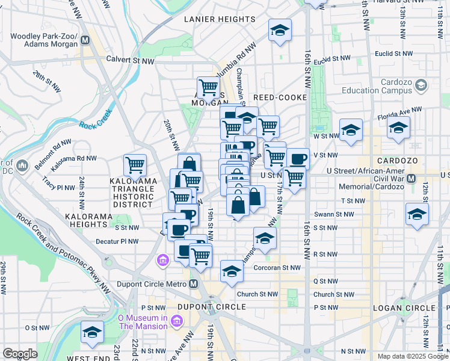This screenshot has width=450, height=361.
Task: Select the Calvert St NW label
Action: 131,59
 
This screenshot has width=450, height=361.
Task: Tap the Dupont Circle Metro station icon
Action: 194,284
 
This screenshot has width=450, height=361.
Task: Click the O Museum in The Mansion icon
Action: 177,321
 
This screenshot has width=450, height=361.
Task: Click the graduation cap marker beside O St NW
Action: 92,332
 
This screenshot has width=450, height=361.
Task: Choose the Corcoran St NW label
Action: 277,267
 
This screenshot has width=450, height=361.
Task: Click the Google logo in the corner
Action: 20,353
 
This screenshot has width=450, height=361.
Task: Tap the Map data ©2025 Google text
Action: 413,356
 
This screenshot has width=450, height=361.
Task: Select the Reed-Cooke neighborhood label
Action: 280,97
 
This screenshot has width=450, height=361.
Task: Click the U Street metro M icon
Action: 412,179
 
